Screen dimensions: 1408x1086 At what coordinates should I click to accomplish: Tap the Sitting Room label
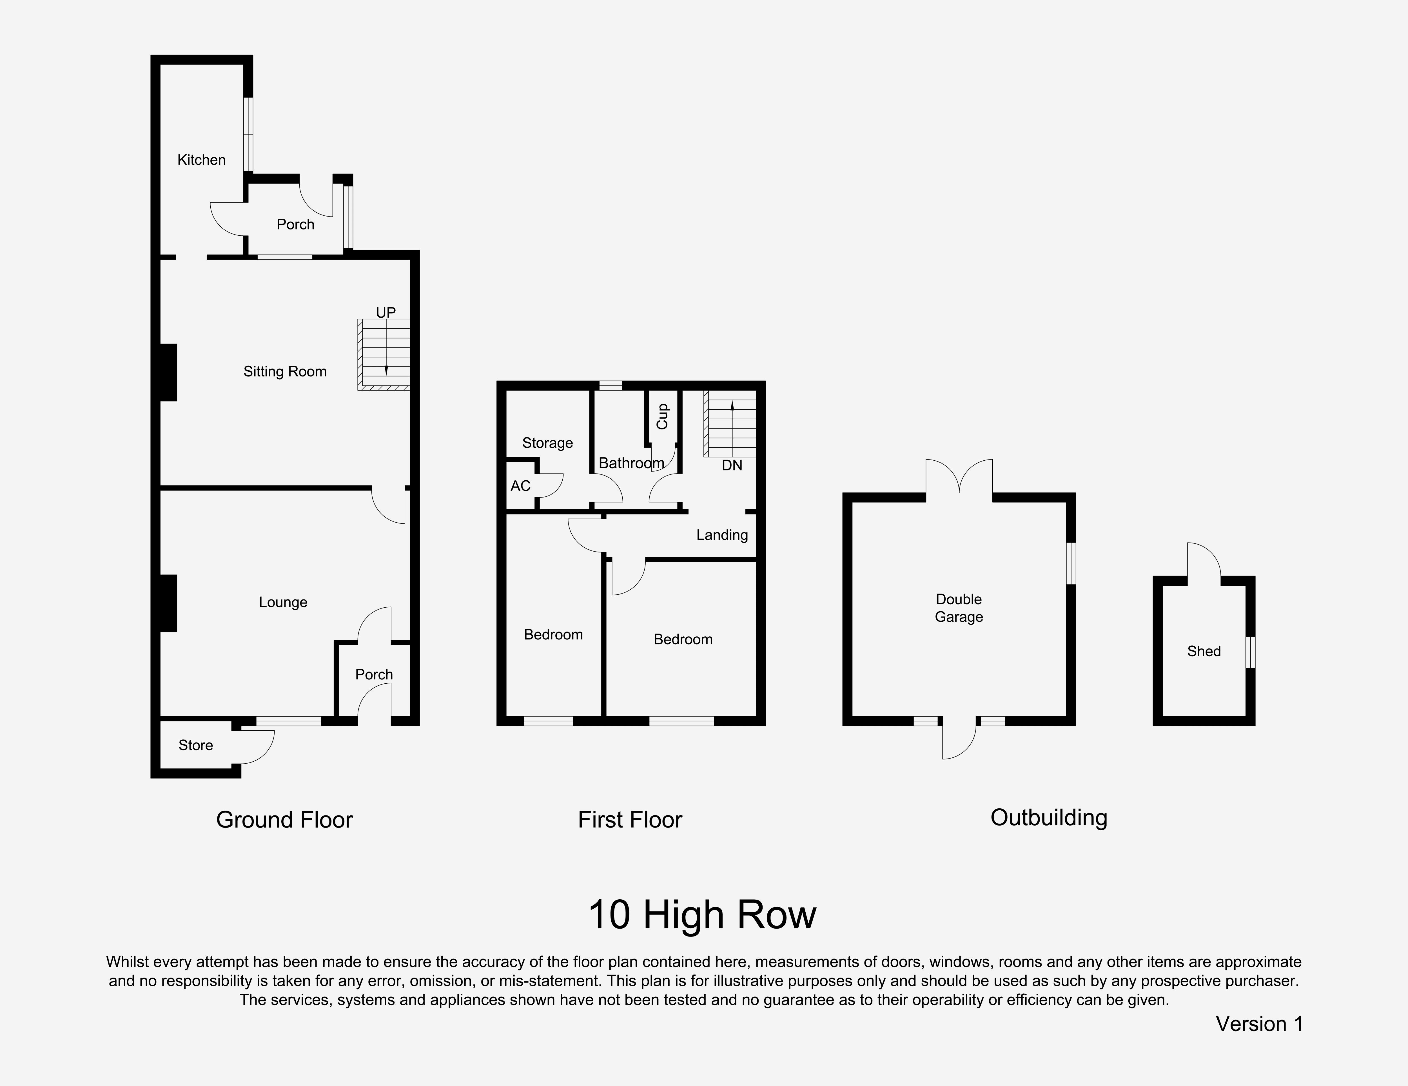pyautogui.click(x=285, y=372)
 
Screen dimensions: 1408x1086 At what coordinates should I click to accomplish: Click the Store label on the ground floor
pyautogui.click(x=195, y=745)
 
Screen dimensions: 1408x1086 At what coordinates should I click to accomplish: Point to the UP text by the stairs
pyautogui.click(x=386, y=313)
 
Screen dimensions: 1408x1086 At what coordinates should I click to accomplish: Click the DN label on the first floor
pyautogui.click(x=732, y=465)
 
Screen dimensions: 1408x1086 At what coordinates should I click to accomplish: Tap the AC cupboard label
pyautogui.click(x=520, y=486)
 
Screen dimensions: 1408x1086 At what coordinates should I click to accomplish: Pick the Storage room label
pyautogui.click(x=547, y=443)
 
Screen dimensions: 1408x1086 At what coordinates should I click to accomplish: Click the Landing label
pyautogui.click(x=722, y=535)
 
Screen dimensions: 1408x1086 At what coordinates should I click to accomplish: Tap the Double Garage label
pyautogui.click(x=959, y=608)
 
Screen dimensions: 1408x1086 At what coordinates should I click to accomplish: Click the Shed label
pyautogui.click(x=1204, y=652)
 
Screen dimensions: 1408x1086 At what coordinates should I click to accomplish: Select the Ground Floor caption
pyautogui.click(x=284, y=820)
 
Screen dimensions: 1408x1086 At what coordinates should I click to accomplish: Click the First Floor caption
pyautogui.click(x=630, y=820)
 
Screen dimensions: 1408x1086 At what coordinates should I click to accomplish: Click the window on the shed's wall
pyautogui.click(x=1251, y=652)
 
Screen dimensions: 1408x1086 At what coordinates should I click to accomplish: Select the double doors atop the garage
pyautogui.click(x=959, y=477)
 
